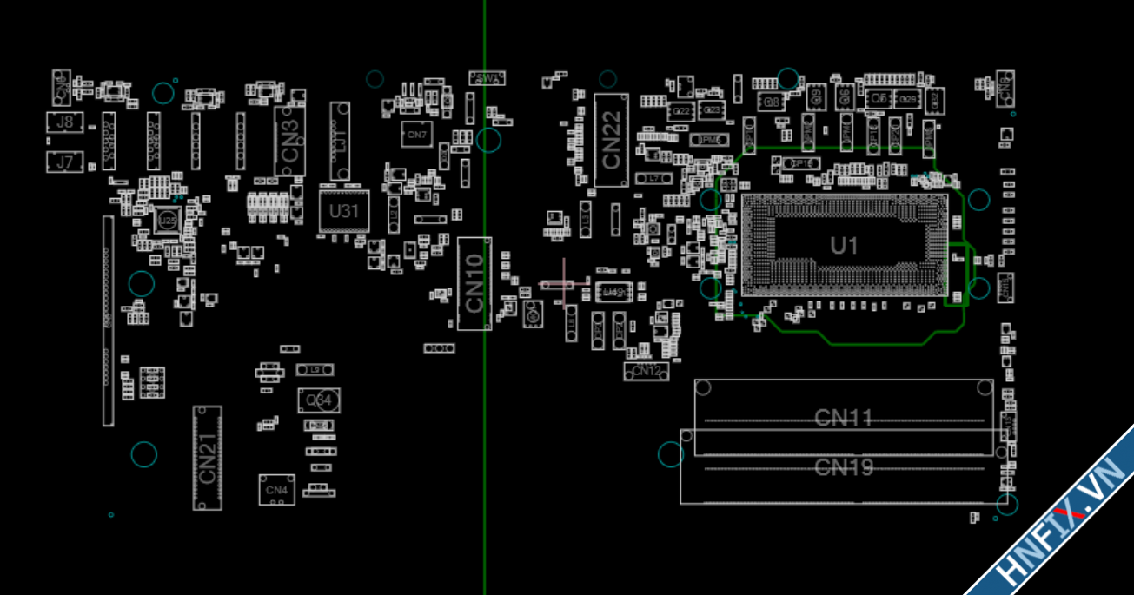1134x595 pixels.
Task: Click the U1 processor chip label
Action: (x=844, y=246)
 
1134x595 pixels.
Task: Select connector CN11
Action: (x=843, y=419)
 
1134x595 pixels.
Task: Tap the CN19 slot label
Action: (x=843, y=468)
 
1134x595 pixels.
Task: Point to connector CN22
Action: (x=612, y=140)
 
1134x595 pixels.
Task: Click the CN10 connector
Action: (x=474, y=283)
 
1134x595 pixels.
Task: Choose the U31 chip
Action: (x=344, y=211)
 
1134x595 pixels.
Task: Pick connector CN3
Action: (x=290, y=142)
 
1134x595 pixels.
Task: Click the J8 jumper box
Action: (x=65, y=122)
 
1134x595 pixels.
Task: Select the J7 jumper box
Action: (x=65, y=162)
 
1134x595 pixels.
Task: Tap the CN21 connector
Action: (x=207, y=459)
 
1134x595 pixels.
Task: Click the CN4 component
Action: (x=276, y=490)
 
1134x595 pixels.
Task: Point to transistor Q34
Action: (x=319, y=400)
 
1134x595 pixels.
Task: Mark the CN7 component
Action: (x=417, y=135)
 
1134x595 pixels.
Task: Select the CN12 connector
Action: (x=646, y=372)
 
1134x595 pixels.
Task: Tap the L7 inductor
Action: (x=654, y=178)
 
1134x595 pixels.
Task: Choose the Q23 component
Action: (x=712, y=110)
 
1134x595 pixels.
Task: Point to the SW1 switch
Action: (x=487, y=78)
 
